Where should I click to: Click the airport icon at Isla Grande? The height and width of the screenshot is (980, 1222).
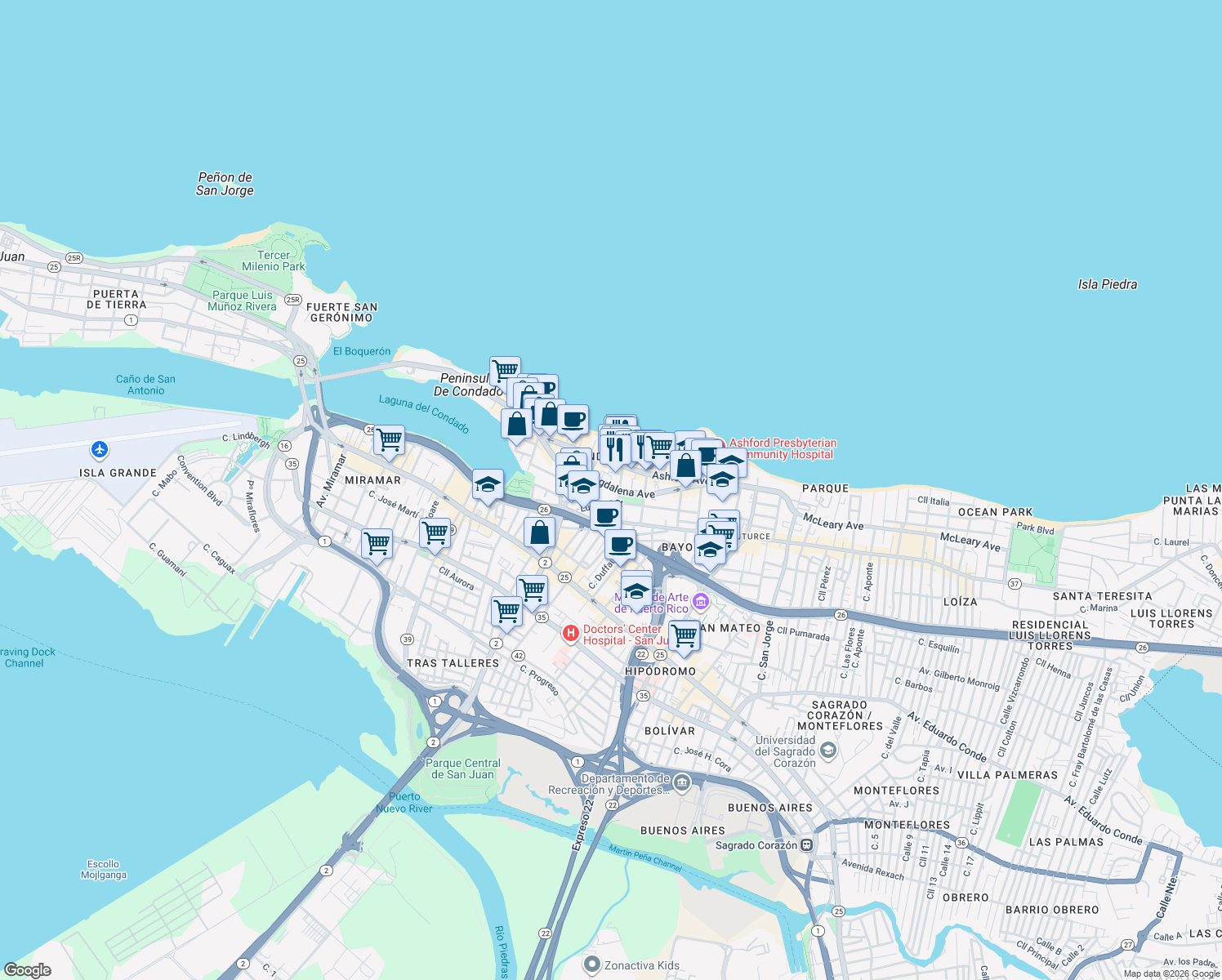pos(100,449)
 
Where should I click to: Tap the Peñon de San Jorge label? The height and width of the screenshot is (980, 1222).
pos(225,184)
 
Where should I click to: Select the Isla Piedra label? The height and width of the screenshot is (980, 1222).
pos(1107,284)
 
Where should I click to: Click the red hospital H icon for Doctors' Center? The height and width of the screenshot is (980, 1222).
pos(571,633)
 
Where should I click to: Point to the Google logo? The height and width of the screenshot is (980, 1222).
pos(28,970)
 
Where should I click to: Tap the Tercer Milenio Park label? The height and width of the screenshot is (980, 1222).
pos(274,261)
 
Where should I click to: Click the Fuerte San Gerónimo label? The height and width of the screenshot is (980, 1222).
pos(341,312)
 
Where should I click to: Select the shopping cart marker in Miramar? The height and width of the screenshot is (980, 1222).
pos(390,440)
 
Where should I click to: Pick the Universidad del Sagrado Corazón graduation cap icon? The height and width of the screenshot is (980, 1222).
pos(828,751)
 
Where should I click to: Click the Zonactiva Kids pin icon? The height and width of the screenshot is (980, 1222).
pos(592,964)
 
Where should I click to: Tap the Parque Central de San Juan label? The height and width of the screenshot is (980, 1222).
pos(462,768)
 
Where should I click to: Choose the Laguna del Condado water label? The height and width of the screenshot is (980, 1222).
pos(424,413)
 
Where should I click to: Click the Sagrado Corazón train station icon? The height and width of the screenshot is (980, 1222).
pos(807,845)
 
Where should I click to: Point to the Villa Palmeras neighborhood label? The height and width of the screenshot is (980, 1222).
pos(1007,775)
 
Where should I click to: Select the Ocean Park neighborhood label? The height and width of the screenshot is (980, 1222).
pos(995,512)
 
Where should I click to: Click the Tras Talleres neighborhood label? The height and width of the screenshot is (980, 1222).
pos(453,663)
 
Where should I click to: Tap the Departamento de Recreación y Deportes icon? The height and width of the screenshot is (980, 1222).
pos(682,784)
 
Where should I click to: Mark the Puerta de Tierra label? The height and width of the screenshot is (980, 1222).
pos(116,299)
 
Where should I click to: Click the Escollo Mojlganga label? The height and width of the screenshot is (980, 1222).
pos(104,870)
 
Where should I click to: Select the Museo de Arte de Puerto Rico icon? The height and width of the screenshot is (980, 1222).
pos(700,604)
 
